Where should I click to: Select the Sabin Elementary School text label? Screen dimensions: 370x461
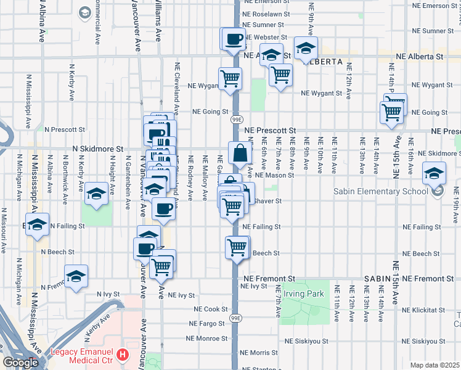(x=381, y=191)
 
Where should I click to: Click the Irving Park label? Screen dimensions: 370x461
(x=308, y=294)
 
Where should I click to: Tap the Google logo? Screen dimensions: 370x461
(x=21, y=363)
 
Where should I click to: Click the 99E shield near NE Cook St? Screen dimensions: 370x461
(x=237, y=318)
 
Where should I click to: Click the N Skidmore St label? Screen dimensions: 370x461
(x=98, y=149)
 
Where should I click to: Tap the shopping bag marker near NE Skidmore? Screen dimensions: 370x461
(x=240, y=152)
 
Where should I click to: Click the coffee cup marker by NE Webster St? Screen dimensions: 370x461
(x=234, y=39)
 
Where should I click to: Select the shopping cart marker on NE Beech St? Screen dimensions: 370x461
(x=237, y=248)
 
